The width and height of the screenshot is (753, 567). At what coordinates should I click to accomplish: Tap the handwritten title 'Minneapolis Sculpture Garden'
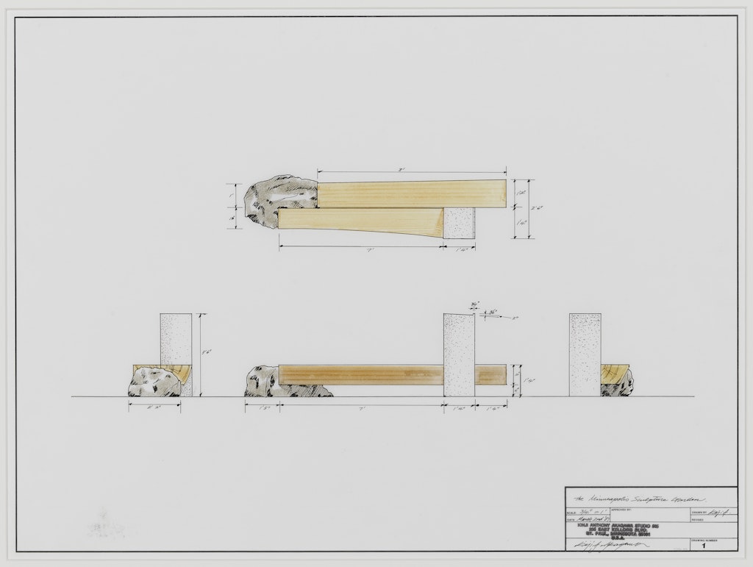coord(633,499)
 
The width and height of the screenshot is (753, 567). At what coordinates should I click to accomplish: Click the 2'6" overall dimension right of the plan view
coord(539,208)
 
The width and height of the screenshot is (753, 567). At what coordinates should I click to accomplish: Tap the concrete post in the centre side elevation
coord(459,355)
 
